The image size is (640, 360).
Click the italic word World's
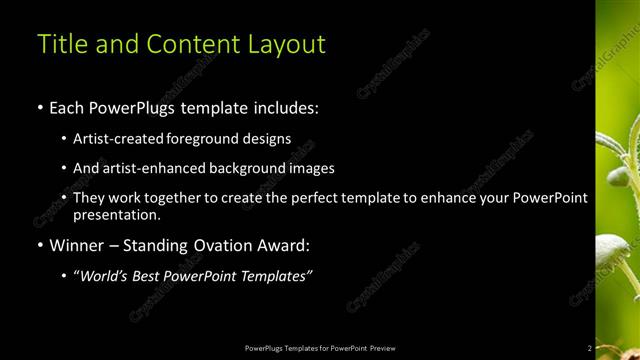coord(105,276)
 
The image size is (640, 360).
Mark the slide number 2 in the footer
coord(589,347)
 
